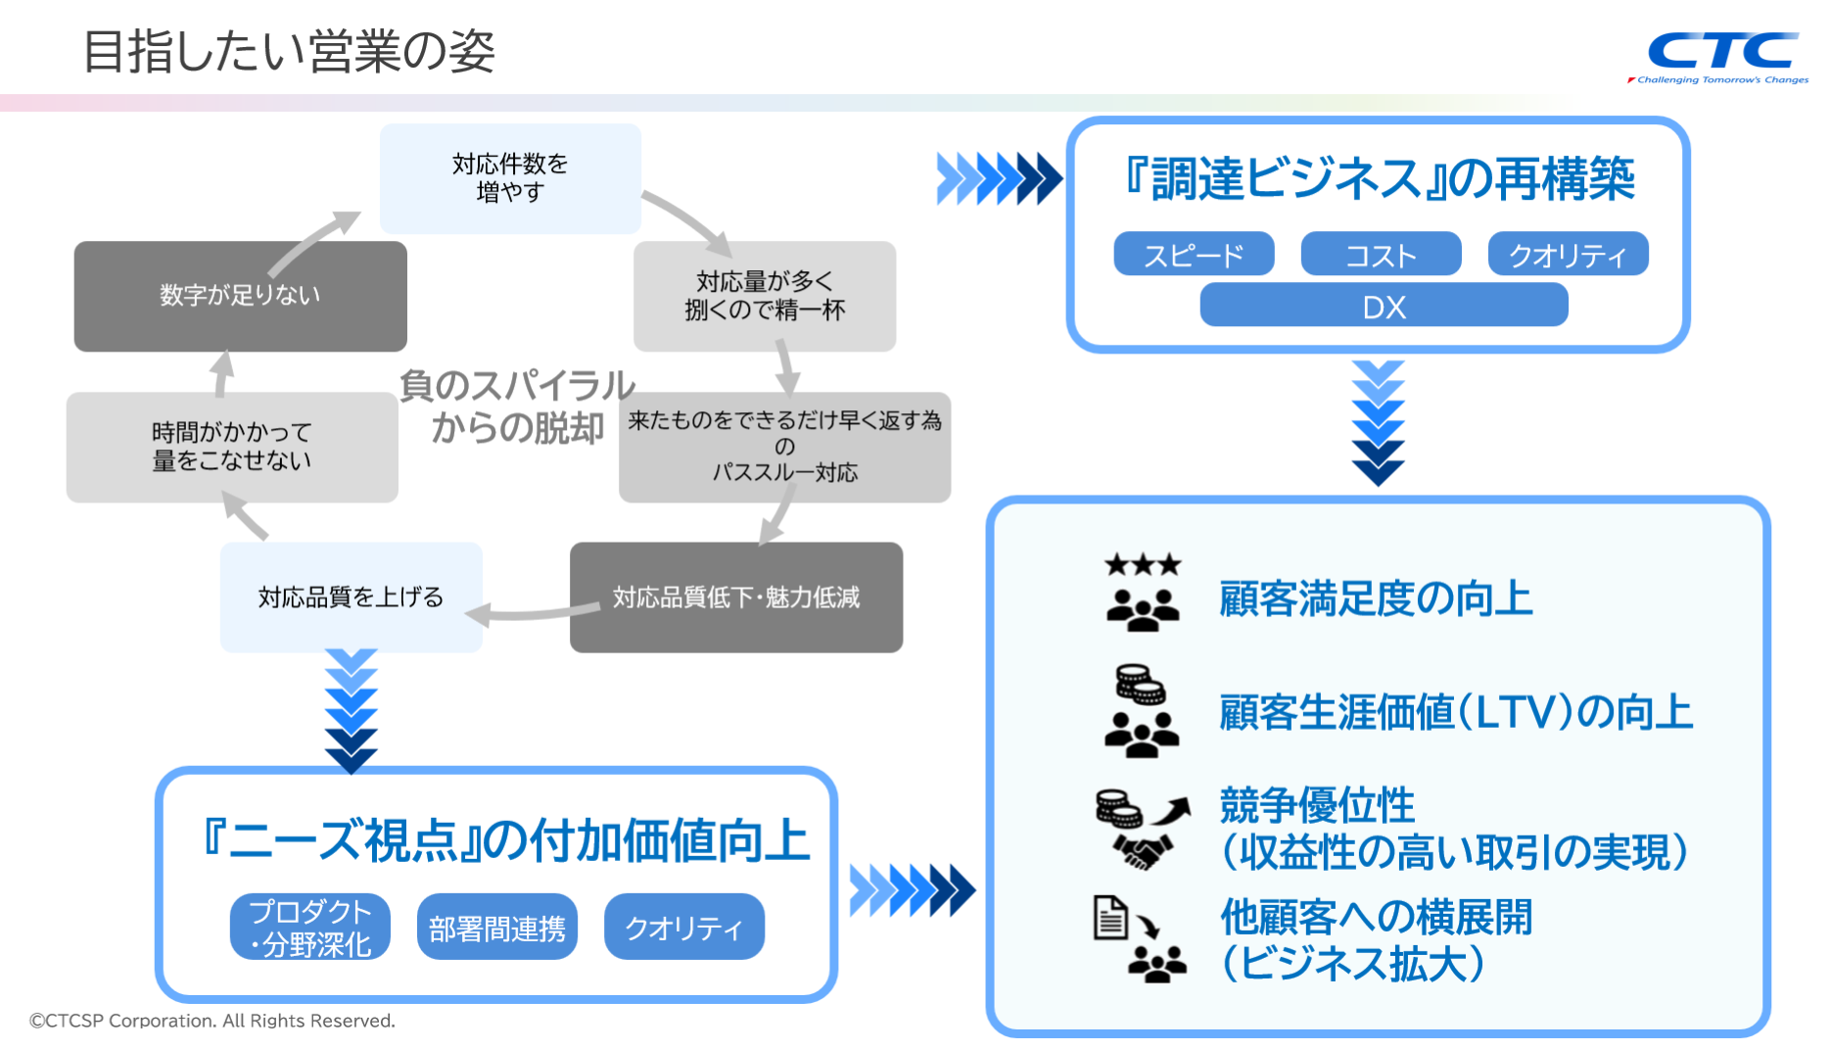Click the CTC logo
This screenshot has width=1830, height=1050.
pos(1722,54)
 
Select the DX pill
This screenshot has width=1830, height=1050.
pos(1384,306)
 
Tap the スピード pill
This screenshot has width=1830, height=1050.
pos(1194,255)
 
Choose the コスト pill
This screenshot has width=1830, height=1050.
pos(1381,255)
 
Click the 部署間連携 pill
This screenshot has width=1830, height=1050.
pos(497,927)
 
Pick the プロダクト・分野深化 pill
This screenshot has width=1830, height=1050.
pos(310,927)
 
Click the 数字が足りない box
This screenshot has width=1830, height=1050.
pos(240,296)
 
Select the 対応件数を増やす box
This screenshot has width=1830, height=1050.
pos(510,178)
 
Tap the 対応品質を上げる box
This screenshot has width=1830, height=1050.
pos(351,597)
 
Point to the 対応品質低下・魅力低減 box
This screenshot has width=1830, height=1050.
pos(735,597)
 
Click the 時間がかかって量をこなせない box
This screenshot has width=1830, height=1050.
pos(232,447)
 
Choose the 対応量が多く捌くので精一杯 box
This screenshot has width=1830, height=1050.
pos(764,296)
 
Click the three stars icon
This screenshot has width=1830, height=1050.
pos(1143,565)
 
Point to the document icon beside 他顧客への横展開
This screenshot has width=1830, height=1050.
pos(1109,918)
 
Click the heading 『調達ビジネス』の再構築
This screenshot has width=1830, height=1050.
pos(1379,179)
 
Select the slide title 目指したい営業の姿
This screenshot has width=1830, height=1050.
pos(289,51)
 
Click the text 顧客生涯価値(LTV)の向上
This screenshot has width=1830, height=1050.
pos(1455,712)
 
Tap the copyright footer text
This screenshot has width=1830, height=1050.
pos(212,1021)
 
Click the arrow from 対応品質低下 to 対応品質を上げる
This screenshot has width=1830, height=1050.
pos(534,614)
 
